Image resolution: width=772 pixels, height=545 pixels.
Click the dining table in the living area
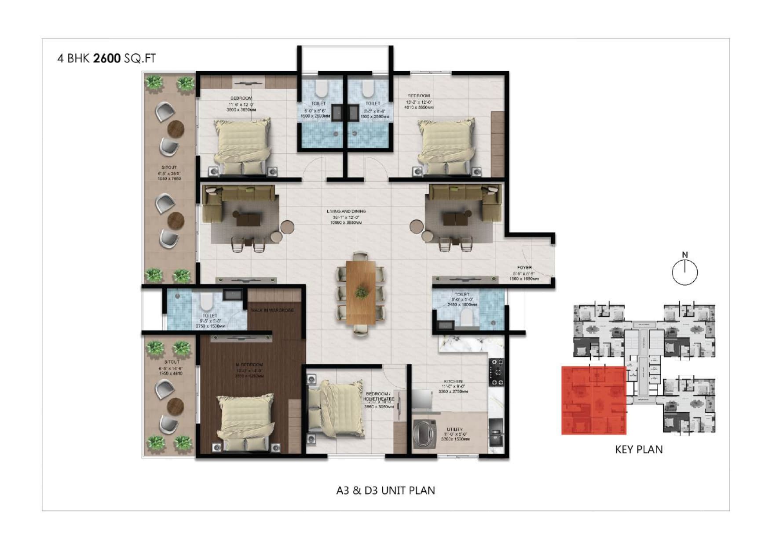coord(361,292)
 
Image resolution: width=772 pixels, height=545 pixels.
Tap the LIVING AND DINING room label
coord(346,211)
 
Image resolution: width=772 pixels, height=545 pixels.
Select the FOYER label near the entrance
coord(524,267)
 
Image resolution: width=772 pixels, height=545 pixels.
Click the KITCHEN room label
coord(453,381)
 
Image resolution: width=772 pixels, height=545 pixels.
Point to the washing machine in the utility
coord(424,433)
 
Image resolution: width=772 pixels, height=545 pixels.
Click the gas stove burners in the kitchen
coord(497,372)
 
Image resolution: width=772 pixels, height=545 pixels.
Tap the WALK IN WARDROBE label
coord(272,310)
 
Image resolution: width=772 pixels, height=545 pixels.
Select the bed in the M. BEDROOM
coord(245,422)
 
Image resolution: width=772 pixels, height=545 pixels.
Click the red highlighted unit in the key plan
coord(593,400)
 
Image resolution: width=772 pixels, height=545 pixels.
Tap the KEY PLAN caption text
coord(638,449)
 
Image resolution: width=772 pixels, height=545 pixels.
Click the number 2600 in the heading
coord(106,58)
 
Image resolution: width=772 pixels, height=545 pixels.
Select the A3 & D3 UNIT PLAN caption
coord(385,490)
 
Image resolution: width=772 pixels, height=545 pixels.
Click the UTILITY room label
coord(454,429)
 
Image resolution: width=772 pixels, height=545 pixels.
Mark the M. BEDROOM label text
coord(249,365)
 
